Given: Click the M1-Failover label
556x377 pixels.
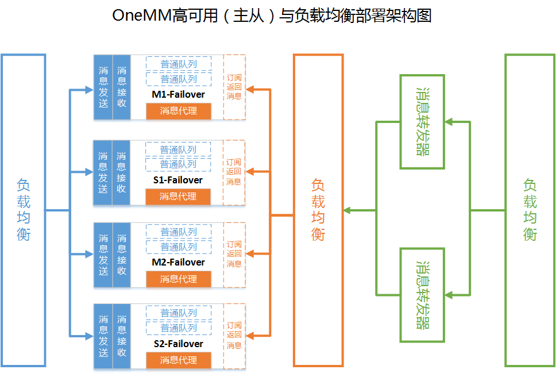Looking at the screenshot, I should [178, 94].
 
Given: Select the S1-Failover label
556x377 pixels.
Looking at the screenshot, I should [178, 180].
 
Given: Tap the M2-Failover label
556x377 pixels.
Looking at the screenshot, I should [178, 262].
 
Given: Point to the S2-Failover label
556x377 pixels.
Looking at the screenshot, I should [178, 344].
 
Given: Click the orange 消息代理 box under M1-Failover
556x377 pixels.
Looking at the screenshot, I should [179, 111].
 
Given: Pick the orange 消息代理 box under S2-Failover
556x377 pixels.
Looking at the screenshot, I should [179, 360].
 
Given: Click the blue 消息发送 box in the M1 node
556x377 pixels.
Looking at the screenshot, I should [103, 87].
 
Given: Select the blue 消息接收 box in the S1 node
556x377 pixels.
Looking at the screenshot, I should [121, 172].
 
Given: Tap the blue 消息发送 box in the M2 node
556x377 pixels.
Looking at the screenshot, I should [103, 255].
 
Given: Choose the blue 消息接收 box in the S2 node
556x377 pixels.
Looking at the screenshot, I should [121, 336].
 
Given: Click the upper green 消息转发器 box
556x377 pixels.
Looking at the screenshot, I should [422, 121].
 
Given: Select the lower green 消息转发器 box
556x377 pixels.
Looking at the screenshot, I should [422, 295].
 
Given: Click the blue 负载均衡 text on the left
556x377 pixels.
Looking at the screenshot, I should [24, 210].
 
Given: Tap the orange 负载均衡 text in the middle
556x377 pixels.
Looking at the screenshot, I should [318, 210].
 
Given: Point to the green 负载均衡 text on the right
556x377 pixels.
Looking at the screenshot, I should [530, 210].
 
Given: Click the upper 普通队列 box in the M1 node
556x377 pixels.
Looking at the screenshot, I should [179, 64].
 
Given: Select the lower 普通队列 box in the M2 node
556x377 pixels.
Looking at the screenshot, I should [179, 247].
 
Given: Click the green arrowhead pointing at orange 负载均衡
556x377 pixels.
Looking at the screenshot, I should [347, 210].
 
